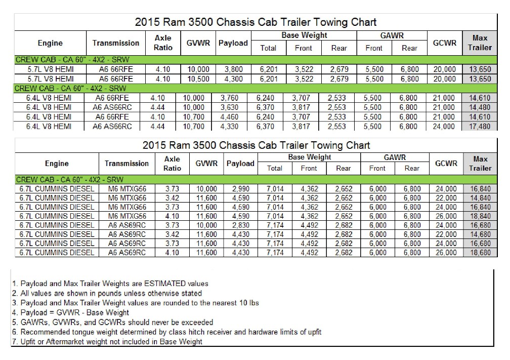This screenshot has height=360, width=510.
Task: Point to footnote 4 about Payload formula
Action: pyautogui.click(x=70, y=312)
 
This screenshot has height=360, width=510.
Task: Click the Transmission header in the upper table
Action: pyautogui.click(x=116, y=43)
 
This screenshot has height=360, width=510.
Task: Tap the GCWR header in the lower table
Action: pyautogui.click(x=445, y=163)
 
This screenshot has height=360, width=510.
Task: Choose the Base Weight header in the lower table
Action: pyautogui.click(x=310, y=157)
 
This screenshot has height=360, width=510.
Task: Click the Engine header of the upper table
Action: pyautogui.click(x=50, y=43)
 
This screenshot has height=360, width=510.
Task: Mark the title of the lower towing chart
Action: pyautogui.click(x=256, y=145)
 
